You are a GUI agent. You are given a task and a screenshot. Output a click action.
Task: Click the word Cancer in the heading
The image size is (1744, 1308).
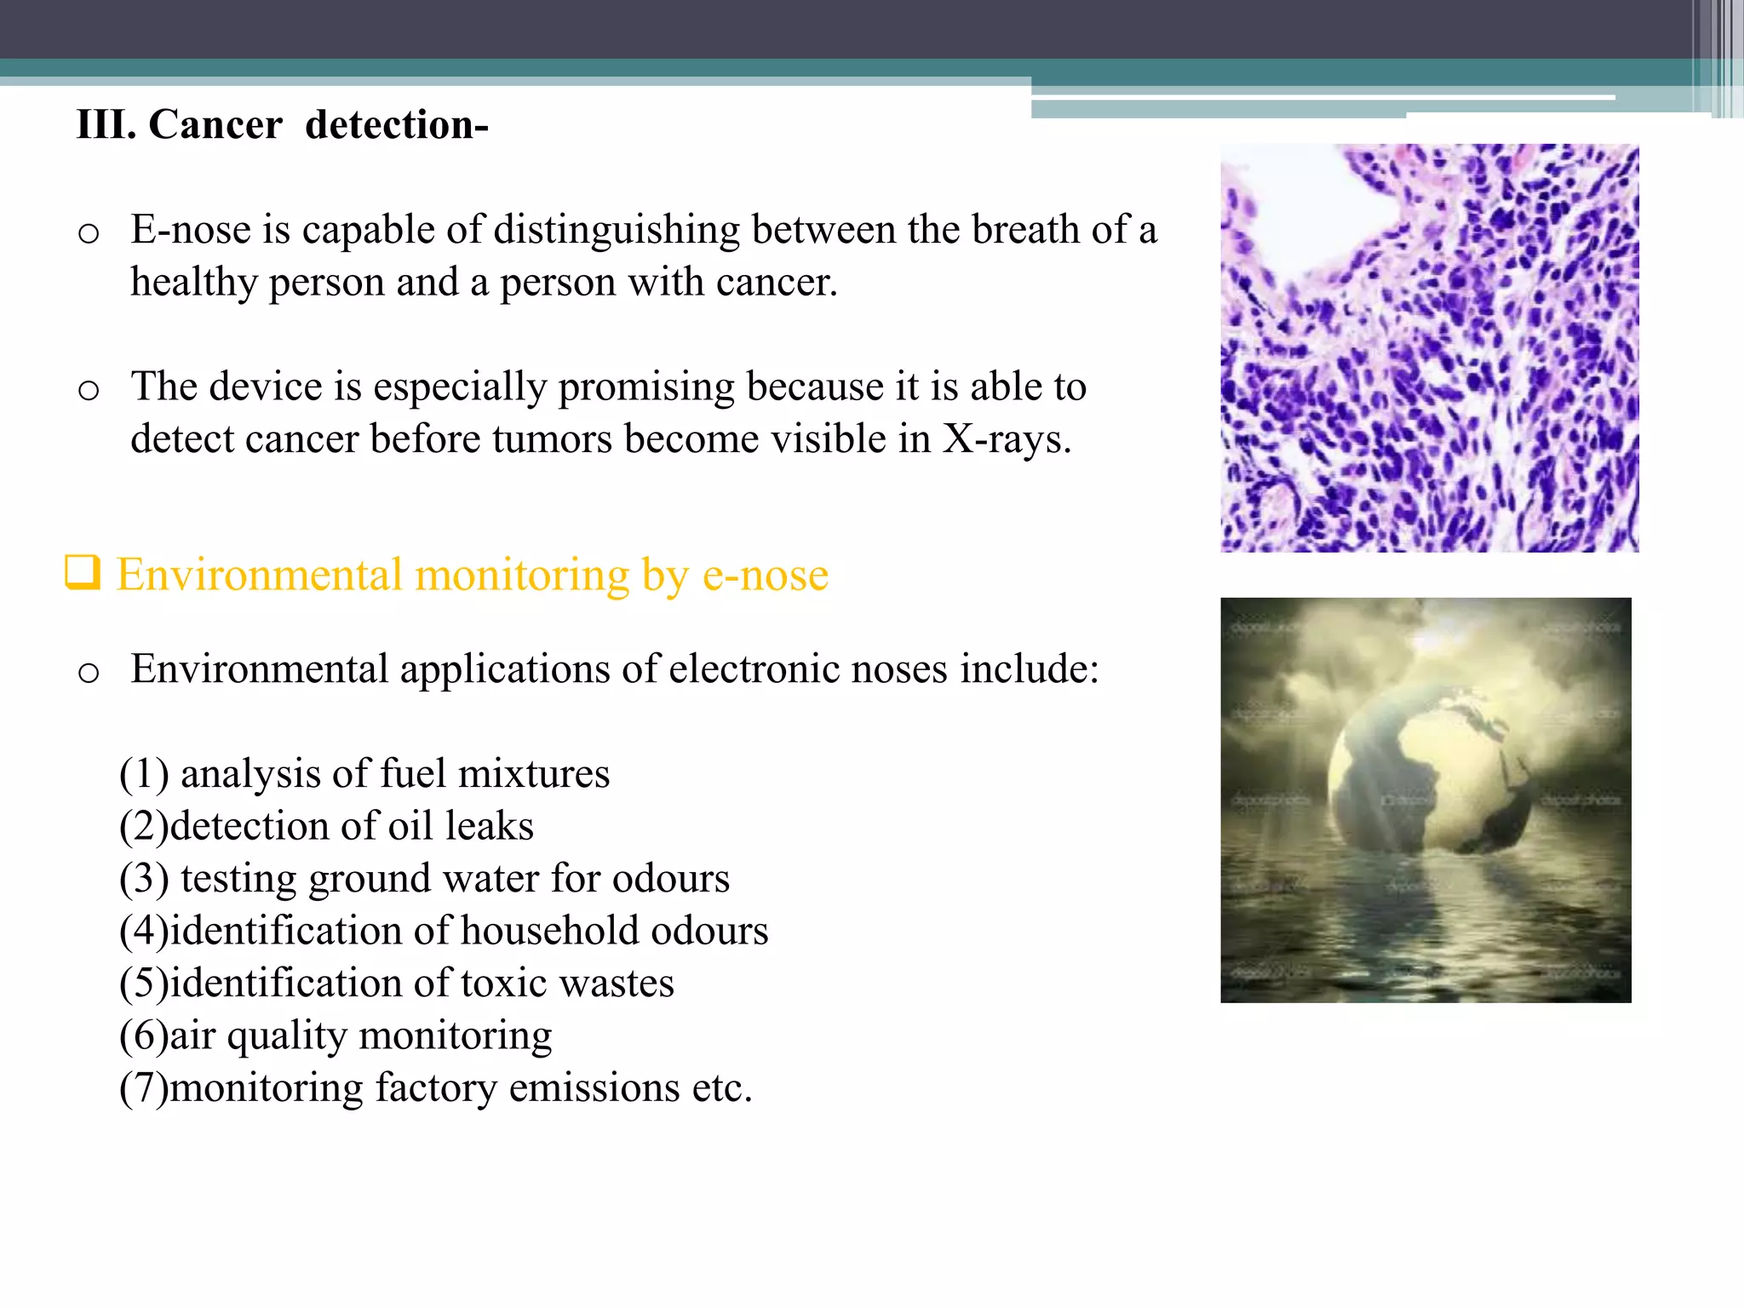click(x=215, y=125)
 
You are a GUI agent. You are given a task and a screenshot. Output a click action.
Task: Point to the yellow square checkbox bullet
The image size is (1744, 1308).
click(x=83, y=572)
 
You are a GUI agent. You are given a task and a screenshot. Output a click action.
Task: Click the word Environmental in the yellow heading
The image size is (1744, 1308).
click(x=259, y=575)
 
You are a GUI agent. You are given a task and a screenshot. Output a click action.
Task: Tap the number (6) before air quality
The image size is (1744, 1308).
click(x=143, y=1036)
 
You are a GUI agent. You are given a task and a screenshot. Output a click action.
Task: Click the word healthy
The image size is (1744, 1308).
click(x=193, y=283)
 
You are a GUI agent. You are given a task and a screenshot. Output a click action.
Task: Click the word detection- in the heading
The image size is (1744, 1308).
click(x=397, y=125)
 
